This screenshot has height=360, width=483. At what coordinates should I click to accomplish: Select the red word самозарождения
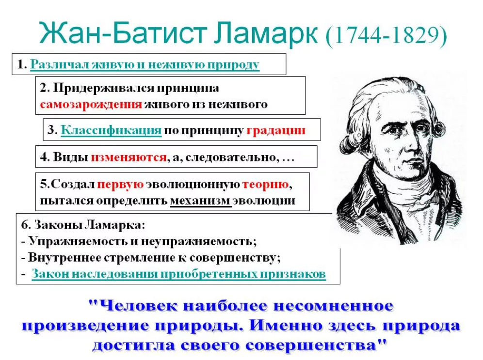tap(91, 105)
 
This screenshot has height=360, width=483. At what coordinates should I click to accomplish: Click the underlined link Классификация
tap(111, 130)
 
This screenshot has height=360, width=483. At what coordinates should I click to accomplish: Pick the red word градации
tap(276, 130)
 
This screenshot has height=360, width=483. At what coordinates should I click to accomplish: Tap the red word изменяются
tap(129, 157)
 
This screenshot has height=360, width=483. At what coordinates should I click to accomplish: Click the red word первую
tap(120, 184)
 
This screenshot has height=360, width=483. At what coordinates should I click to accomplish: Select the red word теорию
tap(266, 184)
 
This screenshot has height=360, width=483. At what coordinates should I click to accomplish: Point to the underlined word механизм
tap(200, 201)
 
